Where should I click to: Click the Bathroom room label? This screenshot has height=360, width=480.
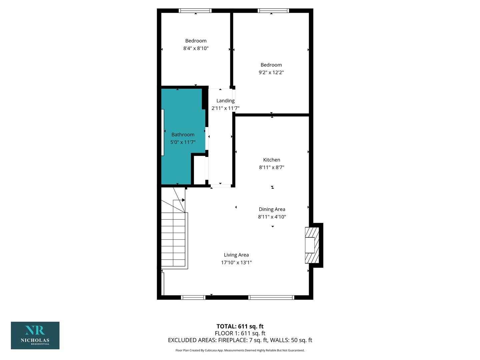(183, 135)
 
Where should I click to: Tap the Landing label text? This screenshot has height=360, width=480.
(225, 101)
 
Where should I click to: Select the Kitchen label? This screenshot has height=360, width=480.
(272, 160)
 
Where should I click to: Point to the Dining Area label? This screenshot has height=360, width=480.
(272, 209)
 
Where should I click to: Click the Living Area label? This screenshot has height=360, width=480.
(236, 255)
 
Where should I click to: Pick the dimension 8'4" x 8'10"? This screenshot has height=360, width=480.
(196, 48)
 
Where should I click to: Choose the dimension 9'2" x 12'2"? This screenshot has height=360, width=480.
(271, 72)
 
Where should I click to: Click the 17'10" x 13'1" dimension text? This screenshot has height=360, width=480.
(236, 263)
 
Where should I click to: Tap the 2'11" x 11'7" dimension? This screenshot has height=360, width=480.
(225, 108)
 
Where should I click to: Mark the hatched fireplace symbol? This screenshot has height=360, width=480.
(312, 245)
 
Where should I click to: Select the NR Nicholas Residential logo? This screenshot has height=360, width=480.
(35, 336)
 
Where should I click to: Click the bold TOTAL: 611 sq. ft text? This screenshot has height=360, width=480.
(240, 326)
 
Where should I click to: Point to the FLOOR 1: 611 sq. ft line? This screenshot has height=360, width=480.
(240, 333)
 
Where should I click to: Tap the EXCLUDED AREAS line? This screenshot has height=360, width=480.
(240, 340)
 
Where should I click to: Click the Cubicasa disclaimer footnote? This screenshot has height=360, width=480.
(240, 350)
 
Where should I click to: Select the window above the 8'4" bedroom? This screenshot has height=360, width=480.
(195, 10)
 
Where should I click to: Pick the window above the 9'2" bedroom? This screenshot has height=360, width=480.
(273, 10)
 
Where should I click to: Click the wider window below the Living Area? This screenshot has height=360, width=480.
(271, 297)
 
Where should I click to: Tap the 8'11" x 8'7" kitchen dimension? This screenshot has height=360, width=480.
(272, 167)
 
